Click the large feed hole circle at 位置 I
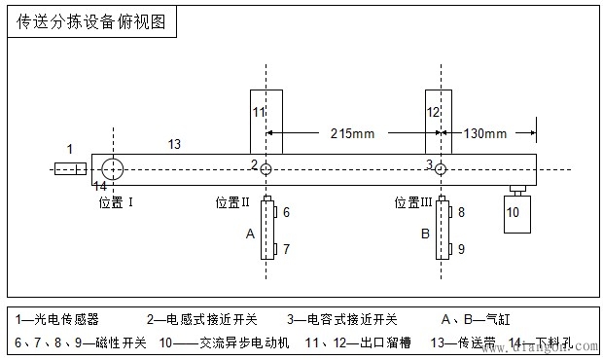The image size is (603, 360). coord(113,169)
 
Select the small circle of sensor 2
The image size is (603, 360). coord(266,169)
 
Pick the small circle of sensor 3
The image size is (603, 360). coord(441,169)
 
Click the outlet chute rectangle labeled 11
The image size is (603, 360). coord(266,122)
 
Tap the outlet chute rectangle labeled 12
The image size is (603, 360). coord(440,122)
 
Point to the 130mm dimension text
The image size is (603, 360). coord(485,131)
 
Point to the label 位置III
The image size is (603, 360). coord(413,202)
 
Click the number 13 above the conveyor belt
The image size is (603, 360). coord(173,144)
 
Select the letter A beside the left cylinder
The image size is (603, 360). coord(250,234)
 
